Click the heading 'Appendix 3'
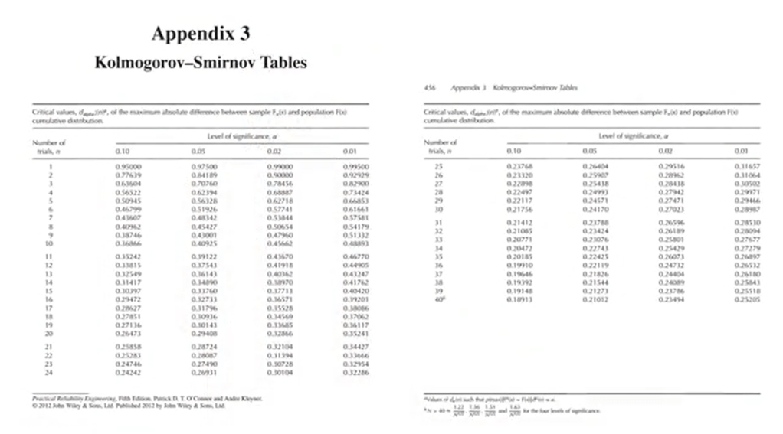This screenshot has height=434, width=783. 200,34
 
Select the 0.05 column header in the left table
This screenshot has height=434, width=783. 200,152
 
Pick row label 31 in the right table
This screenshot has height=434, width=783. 439,221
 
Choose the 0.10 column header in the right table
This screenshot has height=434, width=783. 513,152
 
